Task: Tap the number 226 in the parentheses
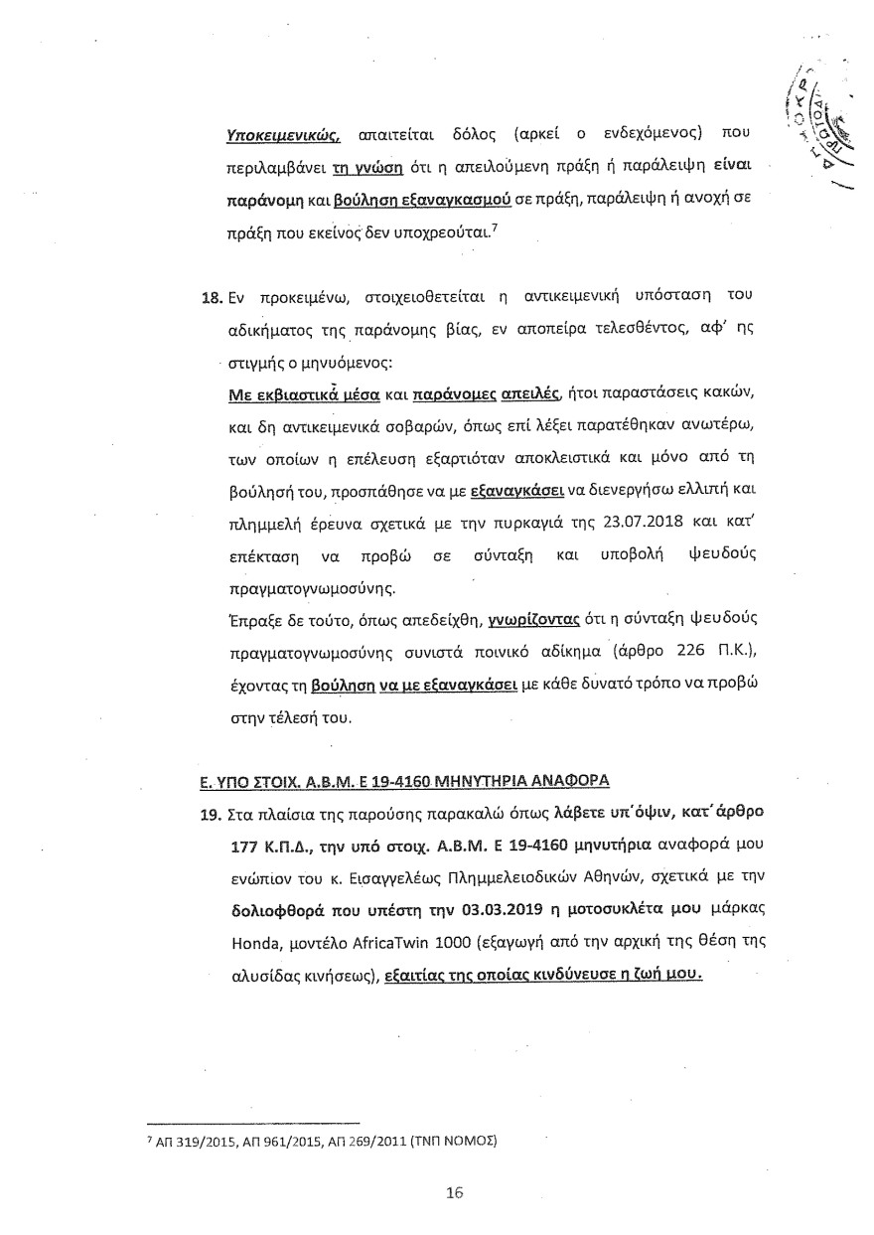[676, 659]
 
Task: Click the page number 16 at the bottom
[456, 1193]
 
